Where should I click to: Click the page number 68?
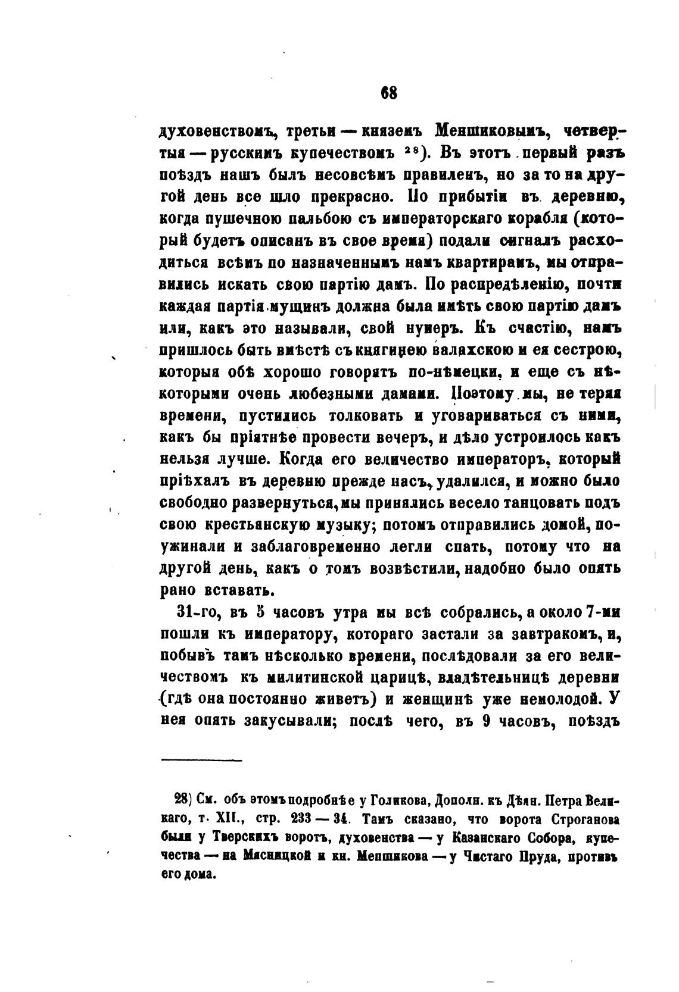coord(388,94)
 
